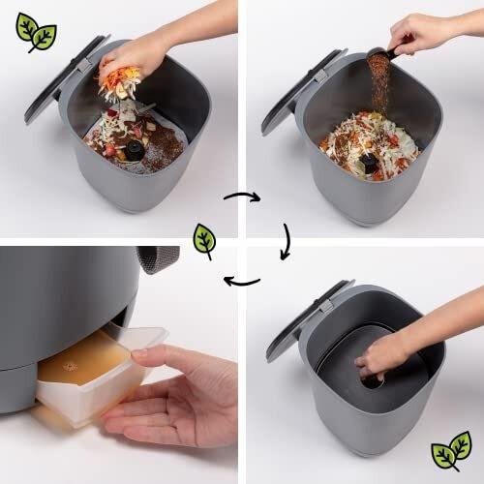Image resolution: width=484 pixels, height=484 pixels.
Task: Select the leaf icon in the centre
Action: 204,239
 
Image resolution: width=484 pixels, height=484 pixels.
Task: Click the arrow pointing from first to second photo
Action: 242,197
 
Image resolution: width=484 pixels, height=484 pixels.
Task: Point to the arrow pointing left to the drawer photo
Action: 242,281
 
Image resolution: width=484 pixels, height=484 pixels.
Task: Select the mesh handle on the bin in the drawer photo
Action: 158,257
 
